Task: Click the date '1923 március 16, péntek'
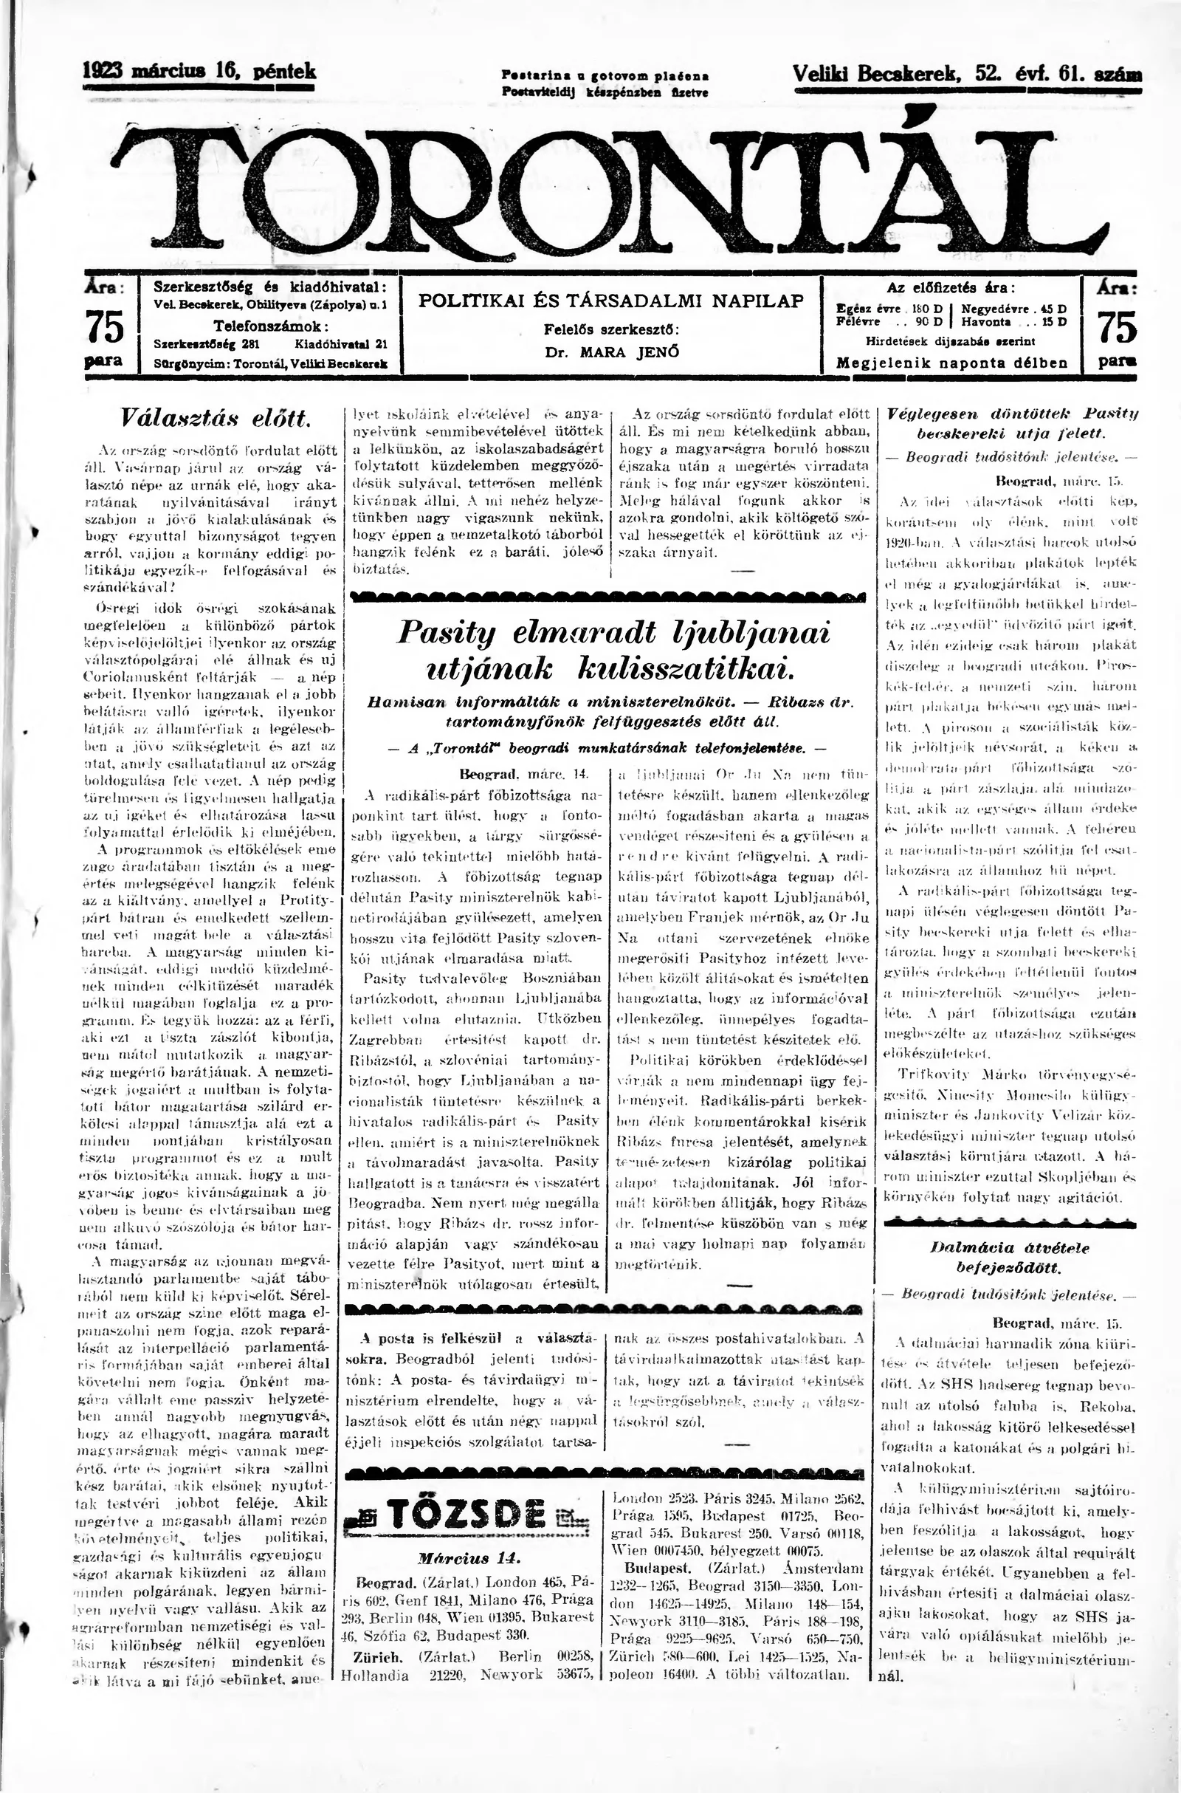(199, 72)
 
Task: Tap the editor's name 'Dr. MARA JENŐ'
(611, 352)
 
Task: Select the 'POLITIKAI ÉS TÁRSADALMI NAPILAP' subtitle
(611, 301)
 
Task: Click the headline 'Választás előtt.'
(216, 416)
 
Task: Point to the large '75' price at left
(105, 327)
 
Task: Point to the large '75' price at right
(1117, 327)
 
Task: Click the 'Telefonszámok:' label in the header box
(270, 327)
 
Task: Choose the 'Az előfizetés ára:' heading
(951, 287)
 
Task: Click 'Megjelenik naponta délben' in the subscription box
(951, 363)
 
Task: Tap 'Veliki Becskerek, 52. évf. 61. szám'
(966, 74)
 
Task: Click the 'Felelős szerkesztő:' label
(611, 329)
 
